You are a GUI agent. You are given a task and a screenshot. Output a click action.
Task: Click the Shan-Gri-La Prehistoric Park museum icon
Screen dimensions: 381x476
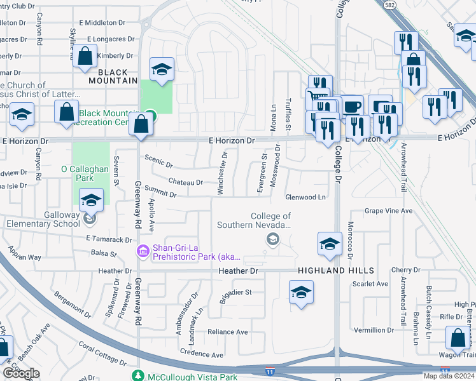pos(143,253)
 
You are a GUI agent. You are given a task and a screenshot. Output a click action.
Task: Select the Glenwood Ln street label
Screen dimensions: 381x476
pos(305,197)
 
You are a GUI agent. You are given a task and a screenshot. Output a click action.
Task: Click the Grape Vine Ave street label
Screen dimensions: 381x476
pos(388,211)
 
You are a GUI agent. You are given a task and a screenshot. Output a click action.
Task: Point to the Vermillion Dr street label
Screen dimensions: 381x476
pos(374,330)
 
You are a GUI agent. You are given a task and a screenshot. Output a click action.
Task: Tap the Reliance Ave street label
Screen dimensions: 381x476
pos(227,332)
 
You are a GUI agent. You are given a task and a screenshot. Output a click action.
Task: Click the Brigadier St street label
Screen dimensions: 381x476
pos(236,293)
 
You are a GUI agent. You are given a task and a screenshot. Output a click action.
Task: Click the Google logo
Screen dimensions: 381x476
pos(21,373)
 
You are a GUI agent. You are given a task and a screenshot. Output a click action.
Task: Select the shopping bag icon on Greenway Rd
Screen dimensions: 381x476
pos(140,124)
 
